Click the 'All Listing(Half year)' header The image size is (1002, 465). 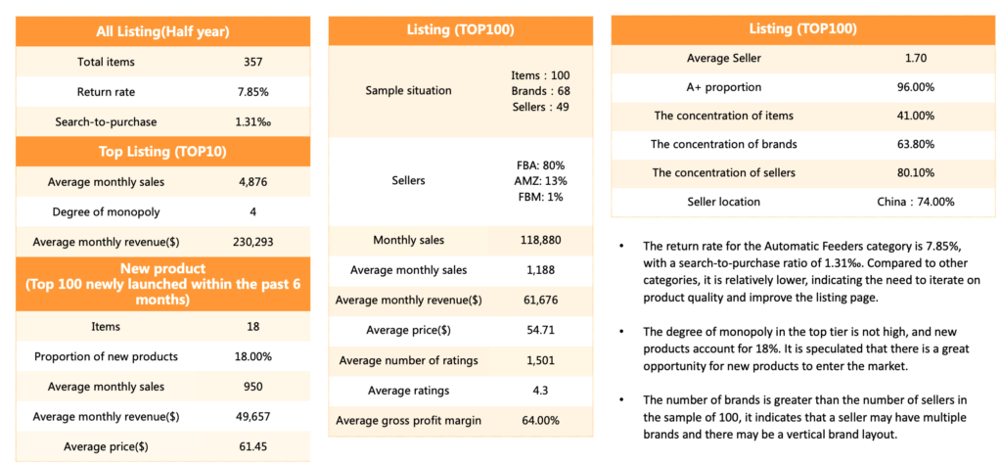[x=163, y=31]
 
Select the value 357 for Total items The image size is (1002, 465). [x=253, y=62]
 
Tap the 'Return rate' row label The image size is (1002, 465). [x=106, y=92]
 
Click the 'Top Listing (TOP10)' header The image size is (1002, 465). [x=163, y=152]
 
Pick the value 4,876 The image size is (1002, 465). [x=253, y=182]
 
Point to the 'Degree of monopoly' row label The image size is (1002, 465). [x=106, y=211]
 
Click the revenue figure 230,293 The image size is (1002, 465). [x=253, y=242]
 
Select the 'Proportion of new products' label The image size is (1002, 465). [x=106, y=357]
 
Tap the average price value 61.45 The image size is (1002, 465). [x=253, y=446]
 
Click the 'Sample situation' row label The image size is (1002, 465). [x=408, y=91]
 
